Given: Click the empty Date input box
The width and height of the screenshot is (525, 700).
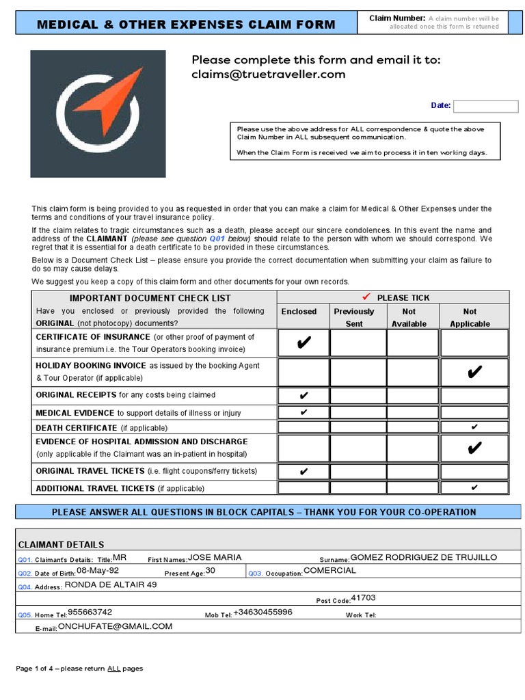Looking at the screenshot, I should click(485, 106).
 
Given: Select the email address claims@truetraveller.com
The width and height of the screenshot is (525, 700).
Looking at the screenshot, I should click(269, 75).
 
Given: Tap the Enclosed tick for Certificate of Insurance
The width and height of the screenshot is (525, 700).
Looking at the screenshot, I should click(304, 343).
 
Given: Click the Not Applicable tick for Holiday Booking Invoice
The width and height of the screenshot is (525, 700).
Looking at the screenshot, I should click(474, 372).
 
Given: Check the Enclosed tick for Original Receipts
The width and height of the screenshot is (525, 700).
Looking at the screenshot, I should click(304, 395).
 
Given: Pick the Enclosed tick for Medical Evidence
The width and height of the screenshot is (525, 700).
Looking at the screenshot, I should click(304, 412).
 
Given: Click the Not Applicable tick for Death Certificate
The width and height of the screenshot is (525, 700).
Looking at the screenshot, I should click(474, 427).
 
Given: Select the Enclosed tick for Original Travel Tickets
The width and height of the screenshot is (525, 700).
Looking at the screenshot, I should click(304, 472).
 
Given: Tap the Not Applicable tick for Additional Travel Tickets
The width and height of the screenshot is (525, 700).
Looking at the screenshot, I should click(474, 487).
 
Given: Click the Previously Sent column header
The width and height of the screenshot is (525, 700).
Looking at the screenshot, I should click(354, 317).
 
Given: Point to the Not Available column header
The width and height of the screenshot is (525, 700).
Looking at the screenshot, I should click(409, 317).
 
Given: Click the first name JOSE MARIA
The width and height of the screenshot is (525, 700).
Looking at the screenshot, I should click(215, 557).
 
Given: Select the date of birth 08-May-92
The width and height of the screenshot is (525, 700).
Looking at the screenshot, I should click(98, 570).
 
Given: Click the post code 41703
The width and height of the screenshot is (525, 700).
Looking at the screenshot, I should click(363, 598).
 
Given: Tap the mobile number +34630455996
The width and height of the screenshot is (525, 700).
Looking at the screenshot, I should click(262, 612).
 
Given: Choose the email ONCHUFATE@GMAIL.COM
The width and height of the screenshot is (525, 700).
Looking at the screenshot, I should click(115, 625).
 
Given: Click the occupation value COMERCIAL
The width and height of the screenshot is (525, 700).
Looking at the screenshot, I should click(329, 570).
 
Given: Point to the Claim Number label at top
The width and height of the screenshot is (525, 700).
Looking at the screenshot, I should click(397, 18).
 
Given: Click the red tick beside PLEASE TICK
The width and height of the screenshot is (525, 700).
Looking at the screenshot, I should click(366, 297).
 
